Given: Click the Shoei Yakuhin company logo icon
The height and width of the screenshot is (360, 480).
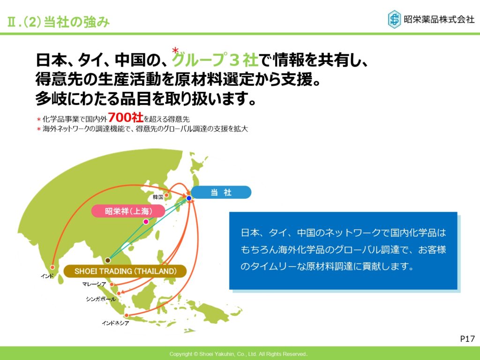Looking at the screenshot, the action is [x=394, y=19].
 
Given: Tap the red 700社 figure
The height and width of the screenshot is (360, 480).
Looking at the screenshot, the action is [x=126, y=117].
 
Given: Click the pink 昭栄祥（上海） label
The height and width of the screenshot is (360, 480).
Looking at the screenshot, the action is [x=128, y=211].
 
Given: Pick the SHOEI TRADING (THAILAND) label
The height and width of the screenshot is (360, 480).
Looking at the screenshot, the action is [x=125, y=271].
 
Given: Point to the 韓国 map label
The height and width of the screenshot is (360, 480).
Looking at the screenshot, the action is [x=158, y=197].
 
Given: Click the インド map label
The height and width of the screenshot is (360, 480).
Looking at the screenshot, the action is [x=47, y=276].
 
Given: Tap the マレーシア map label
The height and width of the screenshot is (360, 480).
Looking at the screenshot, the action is [x=94, y=284].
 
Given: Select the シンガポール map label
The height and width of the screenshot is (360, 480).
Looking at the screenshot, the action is [x=101, y=299].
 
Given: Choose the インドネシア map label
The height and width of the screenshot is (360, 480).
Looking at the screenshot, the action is [x=115, y=323].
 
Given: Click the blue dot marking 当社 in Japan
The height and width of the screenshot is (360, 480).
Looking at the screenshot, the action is [x=189, y=198].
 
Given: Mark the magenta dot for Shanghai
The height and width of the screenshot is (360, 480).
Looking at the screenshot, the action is [x=146, y=222].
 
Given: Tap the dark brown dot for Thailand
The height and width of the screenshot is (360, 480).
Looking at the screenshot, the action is [x=107, y=260].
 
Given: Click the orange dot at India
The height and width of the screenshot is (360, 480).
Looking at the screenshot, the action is [x=52, y=267].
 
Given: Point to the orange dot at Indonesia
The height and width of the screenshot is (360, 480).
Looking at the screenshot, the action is [x=127, y=315].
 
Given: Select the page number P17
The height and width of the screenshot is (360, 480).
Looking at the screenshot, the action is [x=467, y=338].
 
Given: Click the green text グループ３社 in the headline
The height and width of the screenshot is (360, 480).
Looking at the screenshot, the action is [x=215, y=60].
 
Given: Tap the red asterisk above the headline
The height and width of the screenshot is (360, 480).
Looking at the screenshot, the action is [x=175, y=50].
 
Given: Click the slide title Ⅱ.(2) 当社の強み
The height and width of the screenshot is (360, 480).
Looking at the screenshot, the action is [x=58, y=22].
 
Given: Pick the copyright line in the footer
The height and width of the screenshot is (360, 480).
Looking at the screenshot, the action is [x=238, y=354].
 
